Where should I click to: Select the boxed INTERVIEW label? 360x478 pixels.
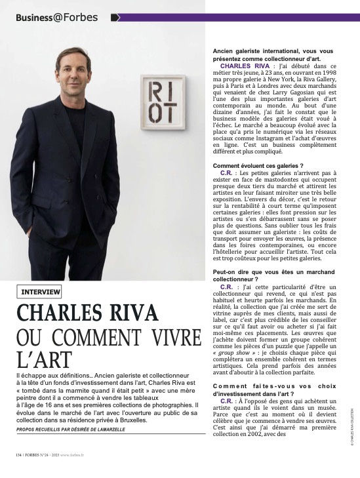tap(41, 291)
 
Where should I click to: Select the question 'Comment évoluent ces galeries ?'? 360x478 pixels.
tap(258, 166)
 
